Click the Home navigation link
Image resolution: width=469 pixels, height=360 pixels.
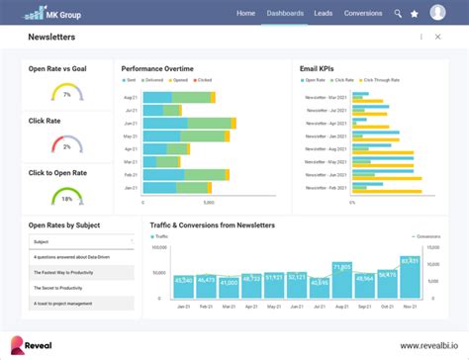point(245,14)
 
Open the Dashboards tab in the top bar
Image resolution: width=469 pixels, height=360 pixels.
point(284,14)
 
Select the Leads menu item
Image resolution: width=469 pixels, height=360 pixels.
point(324,14)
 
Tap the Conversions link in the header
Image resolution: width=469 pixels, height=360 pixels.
point(363,14)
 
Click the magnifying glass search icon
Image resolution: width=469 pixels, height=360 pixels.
point(398,14)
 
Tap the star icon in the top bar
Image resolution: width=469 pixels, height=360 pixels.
point(414,14)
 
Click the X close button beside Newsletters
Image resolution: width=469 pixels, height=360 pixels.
point(437,38)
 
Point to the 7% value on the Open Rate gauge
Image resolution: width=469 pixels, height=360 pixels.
point(66,95)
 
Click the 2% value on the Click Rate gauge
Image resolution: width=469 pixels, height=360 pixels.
point(66,146)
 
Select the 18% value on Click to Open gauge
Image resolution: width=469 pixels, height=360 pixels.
point(66,199)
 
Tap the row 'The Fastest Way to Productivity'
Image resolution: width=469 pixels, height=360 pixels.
point(79,272)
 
